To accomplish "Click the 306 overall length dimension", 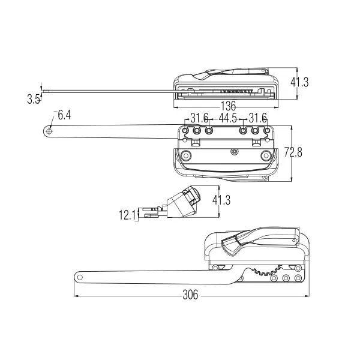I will [x=190, y=295].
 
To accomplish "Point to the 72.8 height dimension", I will [x=293, y=152].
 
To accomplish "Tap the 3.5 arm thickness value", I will [x=34, y=100].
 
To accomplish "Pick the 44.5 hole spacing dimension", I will [x=228, y=118].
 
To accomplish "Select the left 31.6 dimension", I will [x=199, y=118].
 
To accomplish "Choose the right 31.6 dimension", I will [x=257, y=118].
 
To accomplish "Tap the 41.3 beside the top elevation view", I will [x=298, y=82].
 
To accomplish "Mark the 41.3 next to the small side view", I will [x=221, y=200].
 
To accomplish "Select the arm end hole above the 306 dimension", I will [x=79, y=277].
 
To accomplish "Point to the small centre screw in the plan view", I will [x=232, y=151].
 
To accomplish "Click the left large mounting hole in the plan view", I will [x=186, y=156].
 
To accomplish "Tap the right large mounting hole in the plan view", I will [x=266, y=156].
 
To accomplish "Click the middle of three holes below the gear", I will [x=286, y=278].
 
